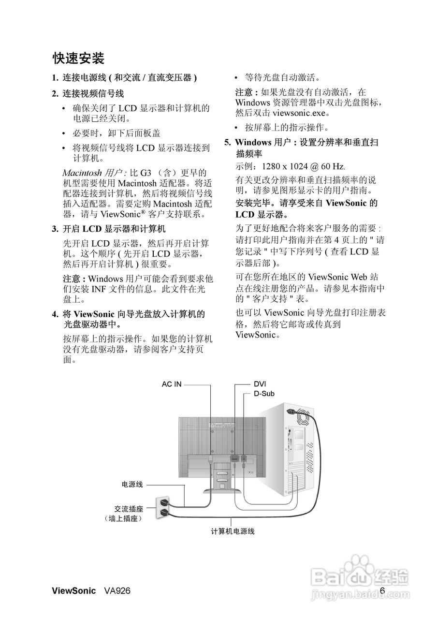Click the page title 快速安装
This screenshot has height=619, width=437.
coord(78,59)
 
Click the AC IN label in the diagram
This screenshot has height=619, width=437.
coord(172,384)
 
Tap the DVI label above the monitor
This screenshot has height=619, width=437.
coord(260,384)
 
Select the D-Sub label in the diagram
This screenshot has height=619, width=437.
coord(264,394)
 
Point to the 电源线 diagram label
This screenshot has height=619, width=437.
coord(132,484)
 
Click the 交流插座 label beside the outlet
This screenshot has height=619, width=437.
coord(129,509)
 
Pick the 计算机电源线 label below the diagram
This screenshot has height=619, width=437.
coord(233,531)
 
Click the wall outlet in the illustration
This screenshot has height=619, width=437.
coord(162,507)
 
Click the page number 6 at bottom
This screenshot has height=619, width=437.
coord(382,590)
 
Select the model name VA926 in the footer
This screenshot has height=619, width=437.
coord(117,591)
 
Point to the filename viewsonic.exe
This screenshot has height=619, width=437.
coord(301,113)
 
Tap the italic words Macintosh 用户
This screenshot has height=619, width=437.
coord(95,173)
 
